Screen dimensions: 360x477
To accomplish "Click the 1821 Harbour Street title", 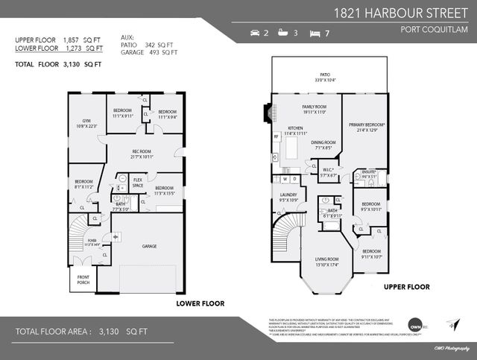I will point(400,13).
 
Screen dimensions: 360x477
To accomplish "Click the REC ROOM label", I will point(142,153).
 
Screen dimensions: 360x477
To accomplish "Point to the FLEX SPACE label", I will point(138,183).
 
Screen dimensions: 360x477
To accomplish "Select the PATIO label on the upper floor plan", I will point(325,77).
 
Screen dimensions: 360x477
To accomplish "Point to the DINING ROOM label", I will point(322,144).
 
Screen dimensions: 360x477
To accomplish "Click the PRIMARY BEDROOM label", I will point(365,126).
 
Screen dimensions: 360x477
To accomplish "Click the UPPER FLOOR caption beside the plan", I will point(406,286).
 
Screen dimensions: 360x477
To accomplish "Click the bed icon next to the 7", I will point(315,33).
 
